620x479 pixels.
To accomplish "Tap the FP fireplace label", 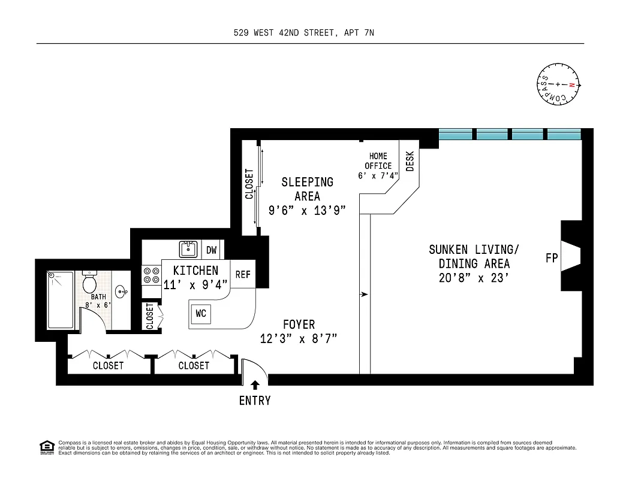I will pyautogui.click(x=552, y=259).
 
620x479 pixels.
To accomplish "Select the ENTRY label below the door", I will pyautogui.click(x=255, y=401).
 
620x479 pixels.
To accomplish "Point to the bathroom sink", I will pyautogui.click(x=121, y=293).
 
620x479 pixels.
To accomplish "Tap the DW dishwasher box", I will pyautogui.click(x=212, y=250).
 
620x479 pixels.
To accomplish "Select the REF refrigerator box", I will pyautogui.click(x=242, y=275).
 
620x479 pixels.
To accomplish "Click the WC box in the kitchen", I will pyautogui.click(x=201, y=314).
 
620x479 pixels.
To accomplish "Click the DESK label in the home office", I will pyautogui.click(x=410, y=161).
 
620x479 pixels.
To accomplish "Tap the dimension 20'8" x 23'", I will pyautogui.click(x=474, y=278).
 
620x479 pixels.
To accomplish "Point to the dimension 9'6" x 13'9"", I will pyautogui.click(x=306, y=210).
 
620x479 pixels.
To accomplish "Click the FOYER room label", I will pyautogui.click(x=299, y=325).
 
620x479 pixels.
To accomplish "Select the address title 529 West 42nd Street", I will pyautogui.click(x=303, y=34).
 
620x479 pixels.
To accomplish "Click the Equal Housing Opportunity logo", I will pyautogui.click(x=46, y=447).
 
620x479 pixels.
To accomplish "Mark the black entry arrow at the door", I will pyautogui.click(x=255, y=385).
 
